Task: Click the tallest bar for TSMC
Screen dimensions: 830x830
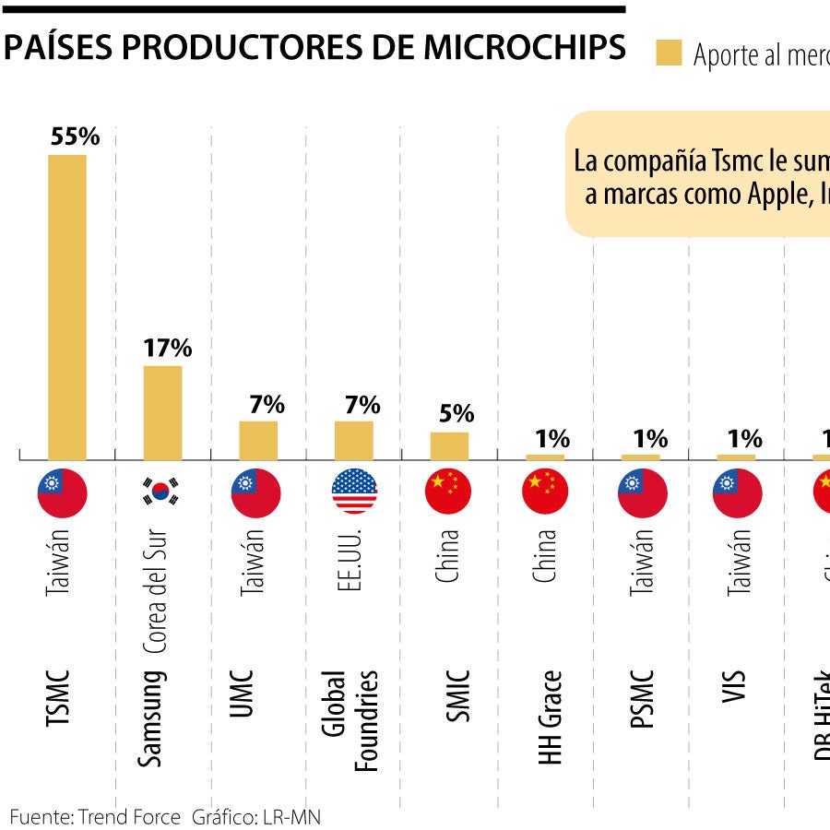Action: [x=67, y=306]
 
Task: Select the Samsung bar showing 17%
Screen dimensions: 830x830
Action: [x=162, y=412]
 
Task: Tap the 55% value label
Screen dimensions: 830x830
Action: [x=75, y=136]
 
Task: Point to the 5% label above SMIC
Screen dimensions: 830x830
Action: [x=456, y=413]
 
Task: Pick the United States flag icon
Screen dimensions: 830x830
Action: [x=354, y=492]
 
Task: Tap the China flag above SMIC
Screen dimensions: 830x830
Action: [x=449, y=492]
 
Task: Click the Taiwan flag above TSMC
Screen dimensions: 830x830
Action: [x=63, y=492]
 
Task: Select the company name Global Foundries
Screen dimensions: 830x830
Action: [x=351, y=719]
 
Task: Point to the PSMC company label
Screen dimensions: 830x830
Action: [x=644, y=699]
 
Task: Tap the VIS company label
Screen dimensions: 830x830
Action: [x=735, y=687]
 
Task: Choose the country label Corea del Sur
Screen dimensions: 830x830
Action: [x=157, y=591]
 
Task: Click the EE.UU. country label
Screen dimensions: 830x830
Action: [x=349, y=562]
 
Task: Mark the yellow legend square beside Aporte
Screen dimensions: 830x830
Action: [x=668, y=53]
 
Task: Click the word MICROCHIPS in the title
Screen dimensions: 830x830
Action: [x=525, y=49]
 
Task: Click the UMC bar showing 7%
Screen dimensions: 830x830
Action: [x=258, y=440]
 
